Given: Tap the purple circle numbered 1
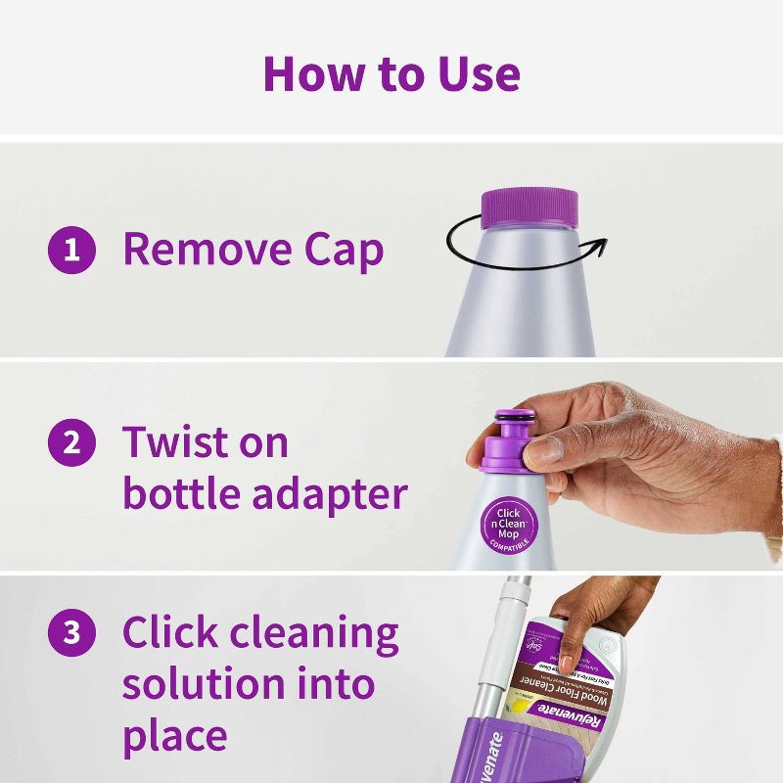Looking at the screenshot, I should [71, 251].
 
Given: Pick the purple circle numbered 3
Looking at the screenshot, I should [71, 632].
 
